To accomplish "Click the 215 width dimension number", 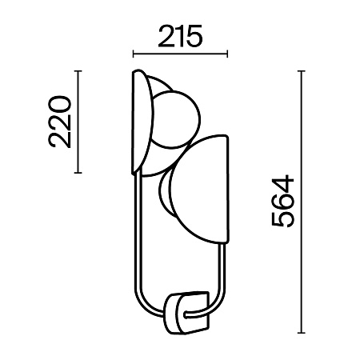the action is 180,36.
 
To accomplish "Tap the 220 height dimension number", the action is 60,122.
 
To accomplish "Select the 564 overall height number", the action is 282,201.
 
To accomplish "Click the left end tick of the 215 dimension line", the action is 134,54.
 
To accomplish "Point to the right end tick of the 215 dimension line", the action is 227,54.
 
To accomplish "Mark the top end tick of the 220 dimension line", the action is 78,71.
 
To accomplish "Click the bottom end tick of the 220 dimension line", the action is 78,173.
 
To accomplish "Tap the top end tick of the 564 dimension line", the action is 302,71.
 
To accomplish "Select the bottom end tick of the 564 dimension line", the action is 302,333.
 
